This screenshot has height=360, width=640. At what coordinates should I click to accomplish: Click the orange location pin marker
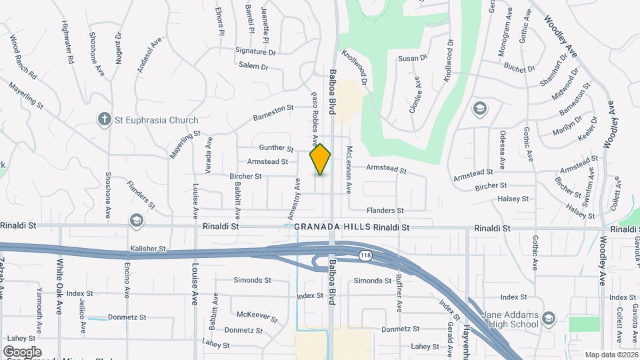pyautogui.click(x=321, y=159)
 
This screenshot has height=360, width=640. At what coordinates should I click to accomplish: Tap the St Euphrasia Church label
pyautogui.click(x=156, y=121)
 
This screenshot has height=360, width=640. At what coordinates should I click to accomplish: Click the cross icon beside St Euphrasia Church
pyautogui.click(x=104, y=120)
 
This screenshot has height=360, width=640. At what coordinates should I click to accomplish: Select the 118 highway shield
pyautogui.click(x=366, y=255)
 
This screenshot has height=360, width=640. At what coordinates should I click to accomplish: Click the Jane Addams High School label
pyautogui.click(x=521, y=319)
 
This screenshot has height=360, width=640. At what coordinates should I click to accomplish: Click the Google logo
pyautogui.click(x=23, y=351)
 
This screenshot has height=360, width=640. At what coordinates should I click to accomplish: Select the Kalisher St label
pyautogui.click(x=148, y=248)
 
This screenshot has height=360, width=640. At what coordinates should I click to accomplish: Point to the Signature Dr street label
pyautogui.click(x=255, y=51)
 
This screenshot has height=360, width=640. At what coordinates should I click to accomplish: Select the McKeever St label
pyautogui.click(x=257, y=315)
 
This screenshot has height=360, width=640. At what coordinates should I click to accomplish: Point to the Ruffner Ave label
pyautogui.click(x=399, y=294)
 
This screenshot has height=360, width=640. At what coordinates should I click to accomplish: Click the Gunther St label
pyautogui.click(x=276, y=148)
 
